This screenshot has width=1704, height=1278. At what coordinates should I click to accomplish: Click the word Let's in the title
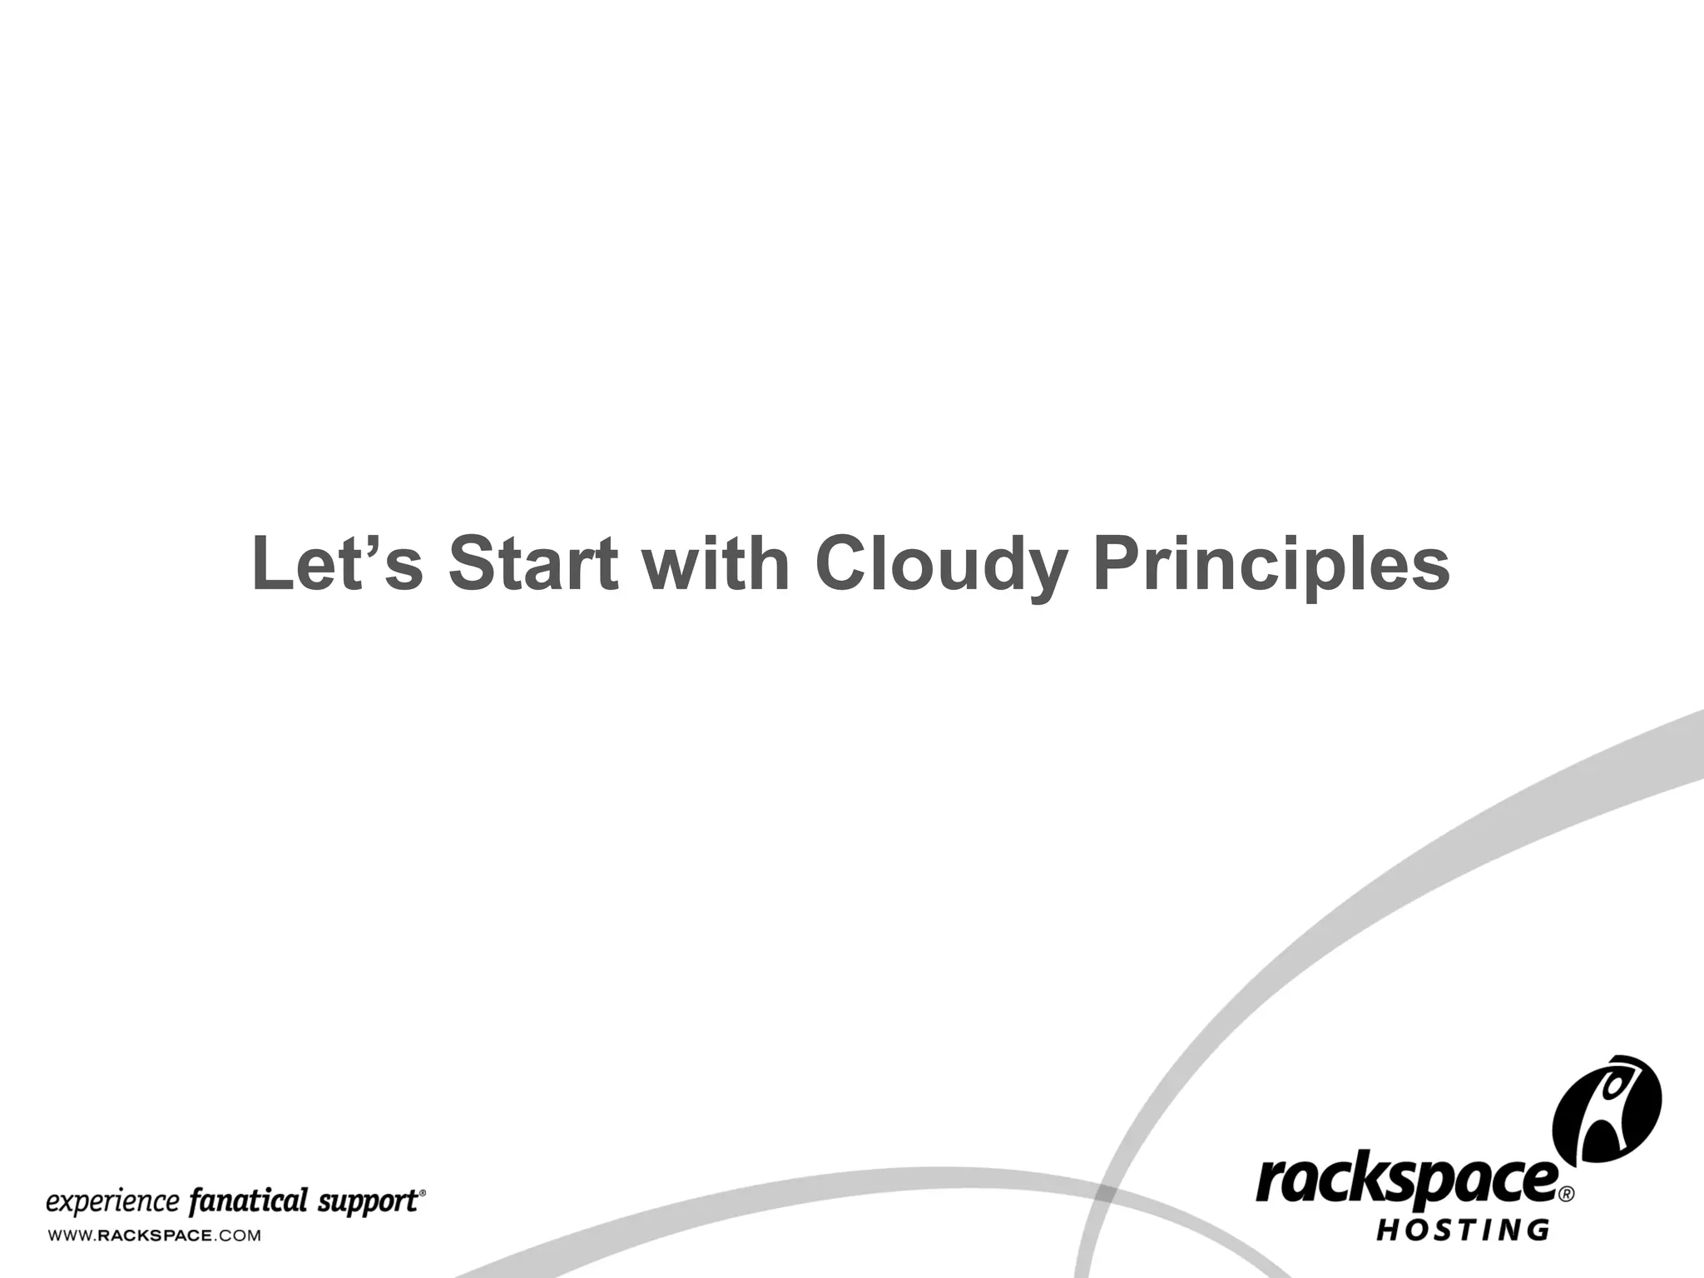(337, 564)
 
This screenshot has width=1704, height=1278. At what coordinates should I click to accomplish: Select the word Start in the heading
(533, 564)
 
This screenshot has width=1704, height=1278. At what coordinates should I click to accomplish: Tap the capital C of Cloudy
(843, 564)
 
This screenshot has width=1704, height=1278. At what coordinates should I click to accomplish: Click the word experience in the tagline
(112, 1203)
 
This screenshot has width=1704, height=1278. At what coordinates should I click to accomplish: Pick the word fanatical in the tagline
(249, 1202)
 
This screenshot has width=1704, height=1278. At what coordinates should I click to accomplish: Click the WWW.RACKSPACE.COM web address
(154, 1236)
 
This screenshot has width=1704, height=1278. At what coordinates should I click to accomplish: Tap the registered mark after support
(423, 1192)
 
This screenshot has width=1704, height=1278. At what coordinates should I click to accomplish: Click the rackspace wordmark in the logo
(1406, 1181)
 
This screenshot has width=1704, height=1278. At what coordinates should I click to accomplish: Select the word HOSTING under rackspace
(1464, 1230)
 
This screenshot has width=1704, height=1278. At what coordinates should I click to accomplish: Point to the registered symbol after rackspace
(1566, 1194)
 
